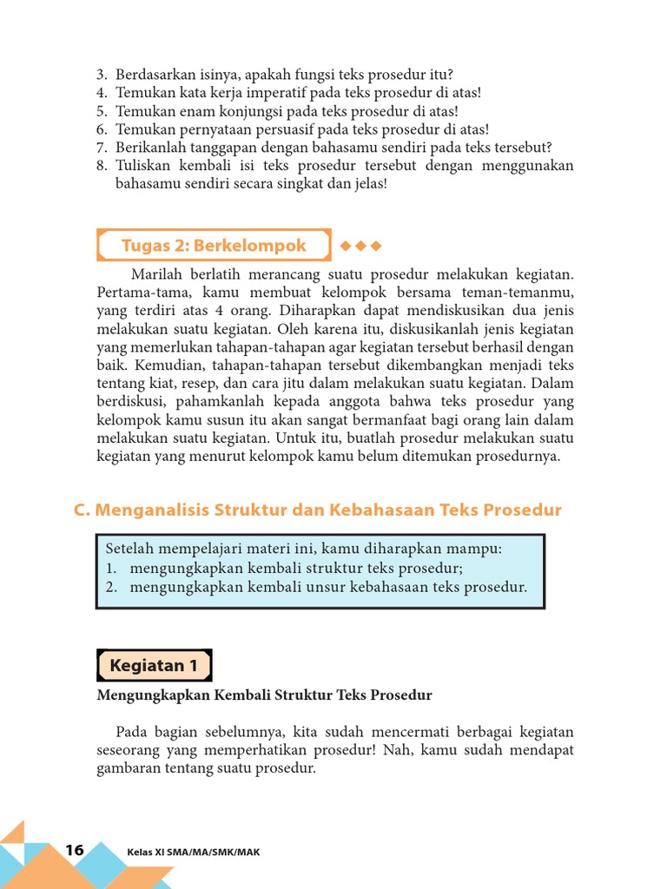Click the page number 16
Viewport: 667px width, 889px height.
point(74,850)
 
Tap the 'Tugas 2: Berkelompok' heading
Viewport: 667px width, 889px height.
point(214,246)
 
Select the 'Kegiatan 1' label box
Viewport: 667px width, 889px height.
point(154,666)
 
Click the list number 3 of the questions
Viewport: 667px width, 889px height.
point(101,75)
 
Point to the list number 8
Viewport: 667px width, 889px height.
point(101,166)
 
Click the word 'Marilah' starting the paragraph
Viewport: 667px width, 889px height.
point(153,275)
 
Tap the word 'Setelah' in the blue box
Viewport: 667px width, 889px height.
point(129,550)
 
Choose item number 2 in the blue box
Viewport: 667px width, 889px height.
point(111,588)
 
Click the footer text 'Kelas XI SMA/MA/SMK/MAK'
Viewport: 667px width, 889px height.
point(193,852)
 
